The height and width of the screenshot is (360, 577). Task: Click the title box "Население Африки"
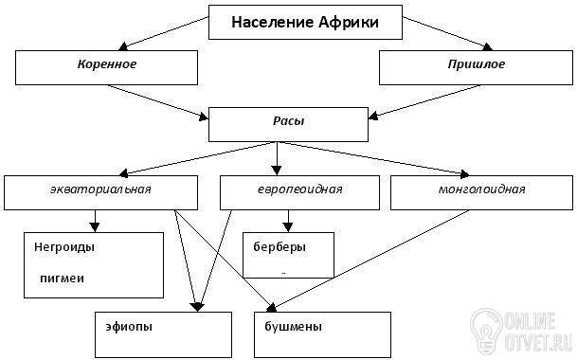coord(305,22)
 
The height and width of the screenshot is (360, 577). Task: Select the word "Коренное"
coord(107,64)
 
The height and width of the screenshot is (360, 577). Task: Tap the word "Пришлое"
coord(477,64)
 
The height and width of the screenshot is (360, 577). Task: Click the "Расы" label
coord(288,121)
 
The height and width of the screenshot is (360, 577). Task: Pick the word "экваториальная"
coord(100,189)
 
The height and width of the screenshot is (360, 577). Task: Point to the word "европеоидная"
coord(299,189)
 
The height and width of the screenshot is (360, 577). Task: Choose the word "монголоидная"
coord(481,189)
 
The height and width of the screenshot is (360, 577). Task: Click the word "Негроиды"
coord(64,247)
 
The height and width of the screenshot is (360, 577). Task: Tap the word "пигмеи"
coord(62,279)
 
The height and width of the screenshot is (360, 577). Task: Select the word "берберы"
coord(279,247)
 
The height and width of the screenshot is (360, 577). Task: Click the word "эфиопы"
coord(129,327)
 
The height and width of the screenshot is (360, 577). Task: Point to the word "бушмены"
coord(294,327)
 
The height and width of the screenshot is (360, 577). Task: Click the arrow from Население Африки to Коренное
coord(164,33)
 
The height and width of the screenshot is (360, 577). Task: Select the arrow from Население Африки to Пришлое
coord(447,33)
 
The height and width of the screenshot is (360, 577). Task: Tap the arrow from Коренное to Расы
coord(158,102)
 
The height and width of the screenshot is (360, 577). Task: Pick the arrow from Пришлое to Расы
coord(424,102)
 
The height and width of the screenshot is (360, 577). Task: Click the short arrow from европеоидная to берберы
coord(288,221)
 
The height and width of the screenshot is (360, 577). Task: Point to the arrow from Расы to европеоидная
coord(277,158)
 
